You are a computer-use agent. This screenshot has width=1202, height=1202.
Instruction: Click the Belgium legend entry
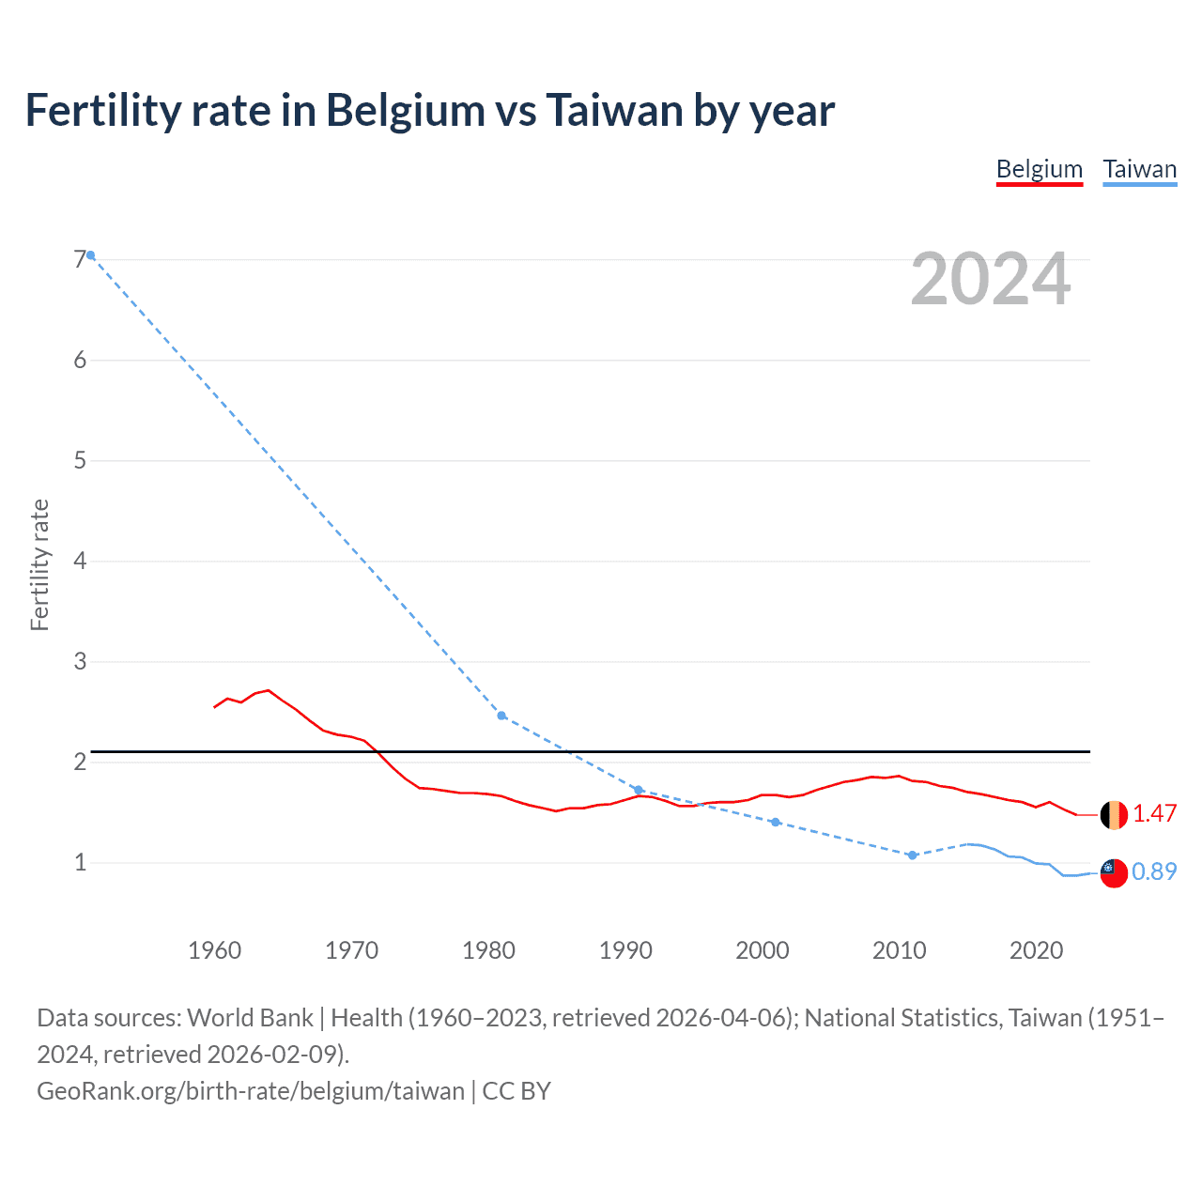point(1039,169)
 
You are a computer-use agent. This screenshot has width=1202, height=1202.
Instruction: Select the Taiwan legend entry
point(1139,169)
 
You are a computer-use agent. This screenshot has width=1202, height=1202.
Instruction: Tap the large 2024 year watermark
point(990,279)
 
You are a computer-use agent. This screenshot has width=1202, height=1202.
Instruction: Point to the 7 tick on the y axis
point(80,259)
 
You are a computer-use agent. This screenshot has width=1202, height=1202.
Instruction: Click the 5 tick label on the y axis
point(80,460)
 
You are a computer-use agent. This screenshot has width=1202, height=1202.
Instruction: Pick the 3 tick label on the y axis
point(80,661)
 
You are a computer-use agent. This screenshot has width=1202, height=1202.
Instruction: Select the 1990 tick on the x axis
point(625,950)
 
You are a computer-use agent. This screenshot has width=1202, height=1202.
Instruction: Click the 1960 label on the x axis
point(214,950)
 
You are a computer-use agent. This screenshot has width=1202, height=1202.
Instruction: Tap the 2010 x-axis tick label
point(899,950)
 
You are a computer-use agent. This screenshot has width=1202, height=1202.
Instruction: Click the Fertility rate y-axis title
point(39,564)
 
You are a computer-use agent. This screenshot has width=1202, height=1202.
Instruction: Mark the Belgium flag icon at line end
point(1114,814)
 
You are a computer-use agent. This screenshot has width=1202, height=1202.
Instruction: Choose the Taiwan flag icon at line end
point(1114,872)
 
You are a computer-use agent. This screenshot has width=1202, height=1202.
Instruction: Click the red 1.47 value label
point(1154,813)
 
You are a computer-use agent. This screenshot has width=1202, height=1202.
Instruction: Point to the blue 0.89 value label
point(1154,871)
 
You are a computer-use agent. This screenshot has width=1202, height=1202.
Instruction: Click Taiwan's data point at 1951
point(91,255)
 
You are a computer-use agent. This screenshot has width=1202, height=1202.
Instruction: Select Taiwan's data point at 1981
point(501,716)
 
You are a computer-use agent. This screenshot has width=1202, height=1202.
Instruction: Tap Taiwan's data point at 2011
point(912,855)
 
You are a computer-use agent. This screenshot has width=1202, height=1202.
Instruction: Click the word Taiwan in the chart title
point(614,110)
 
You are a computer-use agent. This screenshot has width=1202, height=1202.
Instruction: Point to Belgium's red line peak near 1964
point(269,690)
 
